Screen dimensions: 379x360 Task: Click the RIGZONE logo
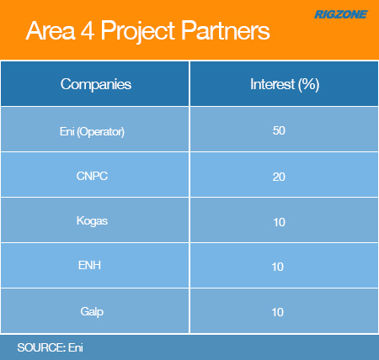click(341, 14)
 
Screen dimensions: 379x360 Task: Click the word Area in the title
click(51, 31)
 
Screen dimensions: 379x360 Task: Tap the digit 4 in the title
click(88, 31)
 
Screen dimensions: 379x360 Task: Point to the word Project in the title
click(138, 32)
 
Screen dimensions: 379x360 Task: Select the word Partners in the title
click(226, 30)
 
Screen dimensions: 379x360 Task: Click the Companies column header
click(96, 84)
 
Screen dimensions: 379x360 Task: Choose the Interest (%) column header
click(285, 84)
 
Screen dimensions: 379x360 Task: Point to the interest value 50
click(279, 130)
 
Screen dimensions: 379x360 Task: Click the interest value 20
click(279, 177)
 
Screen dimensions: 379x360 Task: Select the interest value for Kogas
click(280, 222)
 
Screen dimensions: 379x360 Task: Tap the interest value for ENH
click(278, 267)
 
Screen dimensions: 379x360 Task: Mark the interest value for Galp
click(278, 312)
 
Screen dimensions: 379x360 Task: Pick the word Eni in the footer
click(76, 347)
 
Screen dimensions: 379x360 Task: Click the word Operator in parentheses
click(100, 132)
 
